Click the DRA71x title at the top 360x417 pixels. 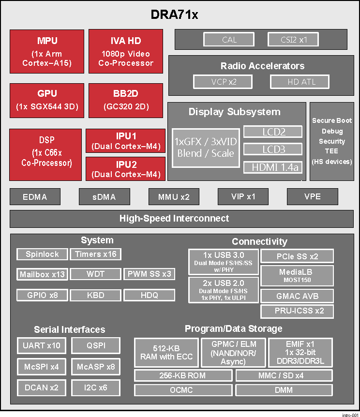174,15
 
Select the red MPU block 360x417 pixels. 46,52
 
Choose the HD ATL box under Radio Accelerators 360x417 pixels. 301,82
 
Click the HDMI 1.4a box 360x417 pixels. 273,167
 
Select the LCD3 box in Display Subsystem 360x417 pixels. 273,149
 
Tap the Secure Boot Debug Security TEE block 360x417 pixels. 331,141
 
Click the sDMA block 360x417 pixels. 105,197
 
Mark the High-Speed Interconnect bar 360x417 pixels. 174,219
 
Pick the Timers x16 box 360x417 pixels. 96,254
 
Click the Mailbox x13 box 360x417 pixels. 42,274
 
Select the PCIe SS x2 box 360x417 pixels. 297,256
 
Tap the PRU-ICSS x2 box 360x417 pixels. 297,311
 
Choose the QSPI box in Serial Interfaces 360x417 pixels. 96,346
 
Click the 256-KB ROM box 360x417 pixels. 182,375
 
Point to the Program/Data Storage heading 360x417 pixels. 233,329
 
